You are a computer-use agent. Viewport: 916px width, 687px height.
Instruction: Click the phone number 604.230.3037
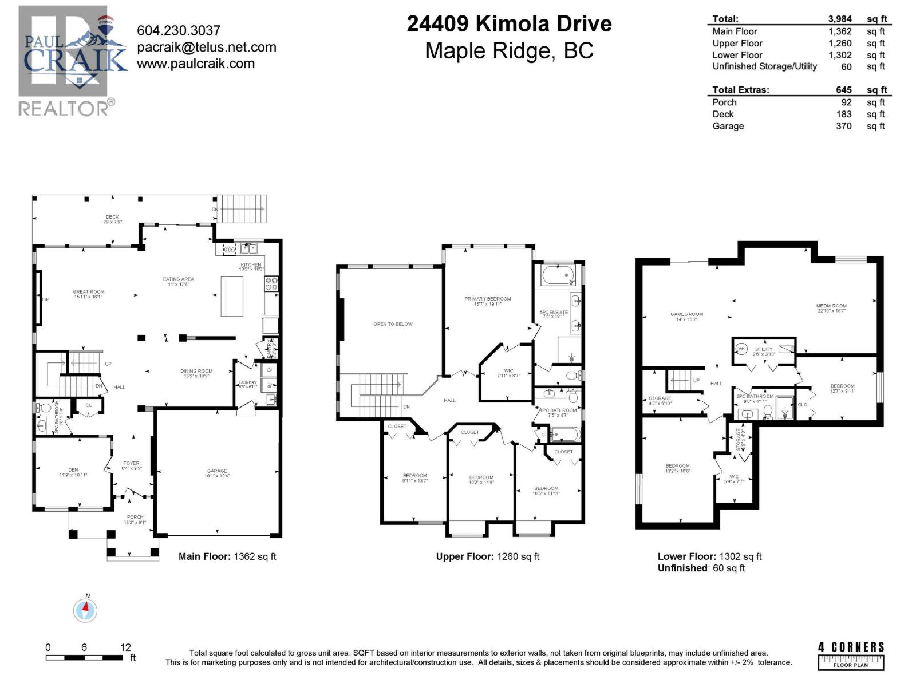click(179, 30)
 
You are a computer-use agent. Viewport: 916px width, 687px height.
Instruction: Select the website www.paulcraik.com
click(196, 64)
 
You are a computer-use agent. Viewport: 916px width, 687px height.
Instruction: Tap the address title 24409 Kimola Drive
click(509, 24)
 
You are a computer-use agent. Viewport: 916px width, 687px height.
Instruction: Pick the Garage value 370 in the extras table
click(843, 126)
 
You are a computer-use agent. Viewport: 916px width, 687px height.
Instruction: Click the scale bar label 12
click(125, 647)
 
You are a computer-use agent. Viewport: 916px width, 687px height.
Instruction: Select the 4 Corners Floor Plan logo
click(851, 655)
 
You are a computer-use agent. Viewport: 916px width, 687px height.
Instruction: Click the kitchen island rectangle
click(232, 295)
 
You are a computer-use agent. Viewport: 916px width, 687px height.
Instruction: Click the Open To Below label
click(393, 324)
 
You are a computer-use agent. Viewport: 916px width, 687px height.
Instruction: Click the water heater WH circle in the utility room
click(741, 348)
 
